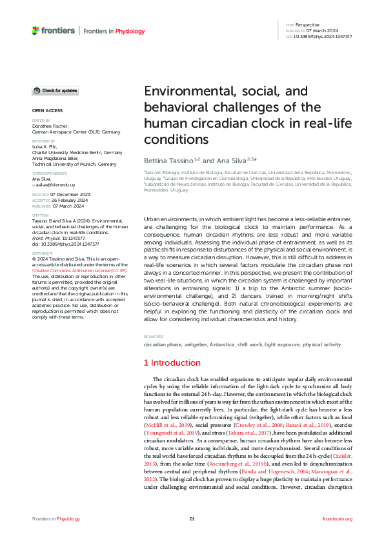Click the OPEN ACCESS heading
[47, 110]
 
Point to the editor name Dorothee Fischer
[50, 126]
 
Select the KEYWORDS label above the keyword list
[154, 337]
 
